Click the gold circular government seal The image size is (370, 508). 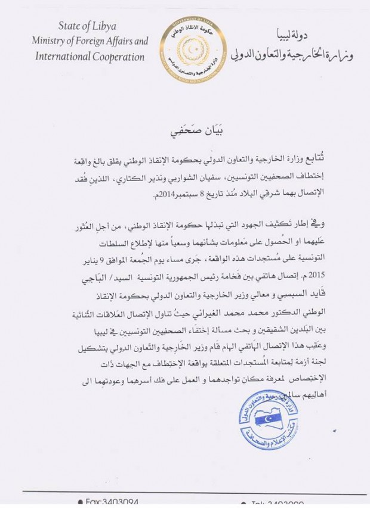[188, 50]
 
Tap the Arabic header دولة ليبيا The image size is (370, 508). [309, 32]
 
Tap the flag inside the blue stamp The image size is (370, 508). [267, 420]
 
